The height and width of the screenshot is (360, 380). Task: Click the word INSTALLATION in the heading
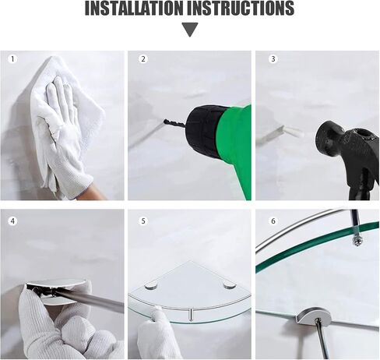click(x=134, y=9)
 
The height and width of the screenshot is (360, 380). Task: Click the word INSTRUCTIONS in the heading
click(x=241, y=9)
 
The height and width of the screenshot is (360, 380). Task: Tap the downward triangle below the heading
click(x=190, y=30)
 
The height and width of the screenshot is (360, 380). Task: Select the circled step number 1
click(x=12, y=59)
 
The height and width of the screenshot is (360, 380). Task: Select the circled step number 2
click(x=143, y=59)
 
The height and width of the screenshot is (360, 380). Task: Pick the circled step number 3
click(x=273, y=59)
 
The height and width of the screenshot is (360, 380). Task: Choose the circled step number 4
click(x=12, y=221)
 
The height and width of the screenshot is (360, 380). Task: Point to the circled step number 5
click(x=143, y=221)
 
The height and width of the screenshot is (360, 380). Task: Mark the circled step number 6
click(x=273, y=221)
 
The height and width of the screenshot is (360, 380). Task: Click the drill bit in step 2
click(x=175, y=123)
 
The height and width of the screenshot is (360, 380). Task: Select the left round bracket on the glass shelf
click(x=151, y=286)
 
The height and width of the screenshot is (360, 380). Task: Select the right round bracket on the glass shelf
click(x=230, y=285)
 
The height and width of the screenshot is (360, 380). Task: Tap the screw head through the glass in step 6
click(x=357, y=241)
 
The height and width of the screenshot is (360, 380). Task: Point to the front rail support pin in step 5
click(x=191, y=315)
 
